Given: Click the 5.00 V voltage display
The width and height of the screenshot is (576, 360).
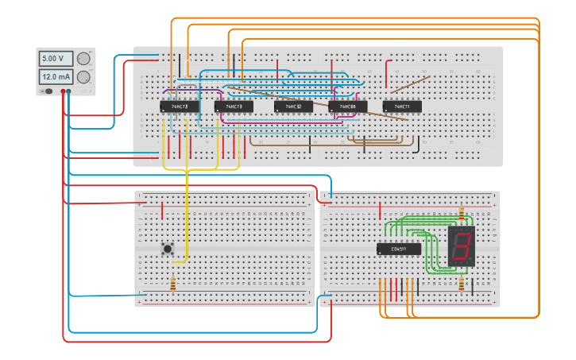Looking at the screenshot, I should click(x=56, y=59).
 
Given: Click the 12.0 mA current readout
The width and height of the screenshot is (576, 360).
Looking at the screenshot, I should click(x=56, y=77).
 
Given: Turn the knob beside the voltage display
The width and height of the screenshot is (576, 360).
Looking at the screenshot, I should click(x=83, y=59).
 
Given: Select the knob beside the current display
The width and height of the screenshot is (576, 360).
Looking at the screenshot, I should click(x=83, y=77).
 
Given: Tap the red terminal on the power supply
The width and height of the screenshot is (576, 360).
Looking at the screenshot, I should click(x=63, y=91).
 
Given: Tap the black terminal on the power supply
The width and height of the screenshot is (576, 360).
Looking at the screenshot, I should click(x=69, y=91).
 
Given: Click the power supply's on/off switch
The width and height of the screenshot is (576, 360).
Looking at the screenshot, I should click(x=49, y=91).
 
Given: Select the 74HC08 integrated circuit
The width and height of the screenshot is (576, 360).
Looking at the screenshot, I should click(x=348, y=106).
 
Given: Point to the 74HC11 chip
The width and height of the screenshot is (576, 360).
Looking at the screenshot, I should click(x=402, y=106).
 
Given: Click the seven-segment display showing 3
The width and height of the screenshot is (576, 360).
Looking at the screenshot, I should click(x=462, y=246).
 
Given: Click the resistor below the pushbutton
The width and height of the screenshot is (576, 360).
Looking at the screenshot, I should click(x=173, y=283).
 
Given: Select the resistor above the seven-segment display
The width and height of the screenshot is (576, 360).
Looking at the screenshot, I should click(x=462, y=215).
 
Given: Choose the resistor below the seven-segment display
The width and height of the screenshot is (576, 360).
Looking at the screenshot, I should click(x=462, y=284).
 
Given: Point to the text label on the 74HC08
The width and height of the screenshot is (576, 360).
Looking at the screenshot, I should click(x=348, y=106).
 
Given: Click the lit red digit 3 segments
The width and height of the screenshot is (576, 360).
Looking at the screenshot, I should click(x=461, y=246).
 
